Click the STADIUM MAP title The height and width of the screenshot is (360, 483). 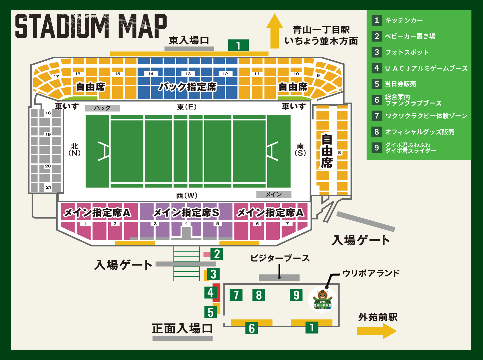(91, 26)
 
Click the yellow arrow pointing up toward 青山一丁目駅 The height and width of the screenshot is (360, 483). (274, 32)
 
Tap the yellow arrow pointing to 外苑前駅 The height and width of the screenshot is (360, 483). (377, 331)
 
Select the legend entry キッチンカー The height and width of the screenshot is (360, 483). (404, 20)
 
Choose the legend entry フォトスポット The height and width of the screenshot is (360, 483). (406, 52)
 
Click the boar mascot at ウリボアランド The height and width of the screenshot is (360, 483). (322, 299)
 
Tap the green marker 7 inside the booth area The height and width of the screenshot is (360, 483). (236, 295)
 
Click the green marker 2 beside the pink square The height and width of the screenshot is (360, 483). (217, 254)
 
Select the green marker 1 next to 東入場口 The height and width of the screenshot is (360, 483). (238, 46)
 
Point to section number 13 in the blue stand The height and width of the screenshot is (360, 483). (188, 74)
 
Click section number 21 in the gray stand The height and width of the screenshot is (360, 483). (48, 187)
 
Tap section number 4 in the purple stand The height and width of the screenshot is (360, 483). (186, 224)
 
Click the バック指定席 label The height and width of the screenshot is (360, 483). (188, 87)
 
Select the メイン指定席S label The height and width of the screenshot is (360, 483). (186, 212)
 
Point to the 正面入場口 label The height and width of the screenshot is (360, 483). (182, 328)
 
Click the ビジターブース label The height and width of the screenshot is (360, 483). (280, 258)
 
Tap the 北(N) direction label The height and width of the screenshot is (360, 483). (74, 150)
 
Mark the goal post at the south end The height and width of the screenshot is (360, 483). (272, 151)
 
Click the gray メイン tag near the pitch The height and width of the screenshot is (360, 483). (273, 194)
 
